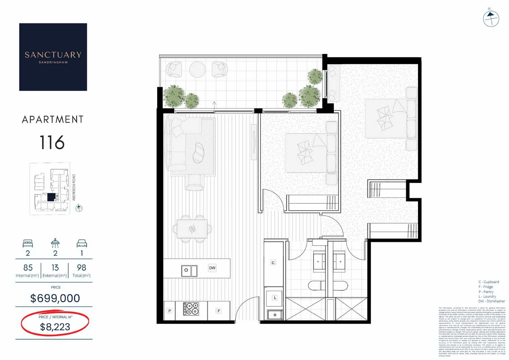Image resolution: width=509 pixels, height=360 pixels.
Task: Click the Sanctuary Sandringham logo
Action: click(x=53, y=57)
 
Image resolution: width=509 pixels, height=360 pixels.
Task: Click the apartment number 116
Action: click(x=52, y=143)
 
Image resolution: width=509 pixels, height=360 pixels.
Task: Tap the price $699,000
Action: click(x=55, y=298)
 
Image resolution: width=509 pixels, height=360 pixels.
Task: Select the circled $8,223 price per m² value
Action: click(x=55, y=327)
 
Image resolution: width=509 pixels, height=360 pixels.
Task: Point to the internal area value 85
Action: click(x=28, y=268)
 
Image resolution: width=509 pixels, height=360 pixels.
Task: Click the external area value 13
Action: click(x=55, y=268)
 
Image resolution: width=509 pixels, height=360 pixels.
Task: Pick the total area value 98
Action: click(x=81, y=268)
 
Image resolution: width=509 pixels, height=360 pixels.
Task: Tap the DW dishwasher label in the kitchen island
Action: click(x=212, y=268)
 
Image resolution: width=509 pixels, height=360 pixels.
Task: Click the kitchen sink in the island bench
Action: click(x=189, y=270)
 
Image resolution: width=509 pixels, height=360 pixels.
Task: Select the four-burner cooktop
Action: click(x=191, y=309)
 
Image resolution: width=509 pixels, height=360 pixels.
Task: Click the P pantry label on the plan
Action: click(x=169, y=311)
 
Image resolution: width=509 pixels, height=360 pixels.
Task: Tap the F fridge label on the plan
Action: click(x=219, y=311)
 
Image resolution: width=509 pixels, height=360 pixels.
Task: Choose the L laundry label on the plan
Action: click(x=275, y=298)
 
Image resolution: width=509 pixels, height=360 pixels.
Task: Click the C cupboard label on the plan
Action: click(x=273, y=263)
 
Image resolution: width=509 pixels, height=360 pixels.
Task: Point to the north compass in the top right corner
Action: click(x=491, y=18)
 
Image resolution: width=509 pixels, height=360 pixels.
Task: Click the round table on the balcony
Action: click(x=197, y=70)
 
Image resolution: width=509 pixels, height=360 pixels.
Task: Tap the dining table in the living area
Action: click(x=192, y=229)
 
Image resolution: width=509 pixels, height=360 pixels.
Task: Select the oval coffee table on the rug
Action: click(x=198, y=153)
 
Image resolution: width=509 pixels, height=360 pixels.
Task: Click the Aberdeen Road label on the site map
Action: click(x=74, y=187)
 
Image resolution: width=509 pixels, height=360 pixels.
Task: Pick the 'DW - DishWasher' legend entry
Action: click(x=492, y=301)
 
